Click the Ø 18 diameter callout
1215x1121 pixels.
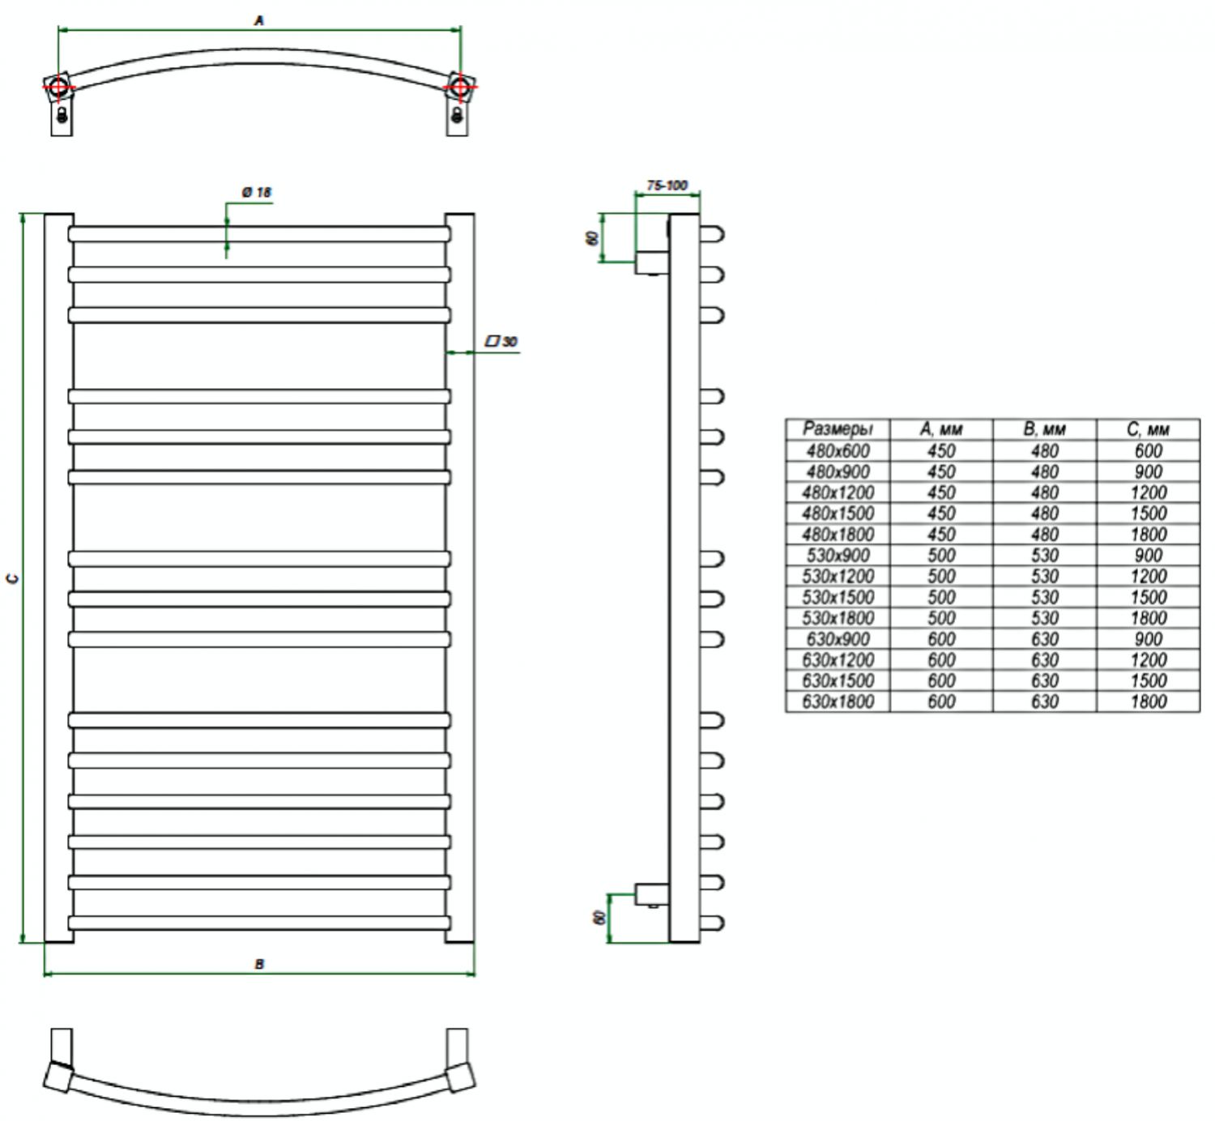pyautogui.click(x=256, y=192)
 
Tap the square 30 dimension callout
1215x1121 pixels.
pyautogui.click(x=501, y=342)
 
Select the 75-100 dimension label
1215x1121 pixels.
pyautogui.click(x=667, y=185)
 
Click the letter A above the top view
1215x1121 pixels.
pyautogui.click(x=258, y=21)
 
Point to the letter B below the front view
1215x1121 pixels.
pyautogui.click(x=258, y=964)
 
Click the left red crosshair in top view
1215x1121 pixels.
pyautogui.click(x=59, y=87)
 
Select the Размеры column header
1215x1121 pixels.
pyautogui.click(x=838, y=428)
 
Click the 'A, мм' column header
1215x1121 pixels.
pyautogui.click(x=941, y=429)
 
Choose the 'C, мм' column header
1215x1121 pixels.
pyautogui.click(x=1148, y=429)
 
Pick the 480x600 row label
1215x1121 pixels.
pyautogui.click(x=838, y=451)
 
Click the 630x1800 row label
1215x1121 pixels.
pyautogui.click(x=838, y=701)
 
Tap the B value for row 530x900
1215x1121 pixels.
pyautogui.click(x=1044, y=555)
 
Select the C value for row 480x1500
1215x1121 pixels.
pyautogui.click(x=1148, y=514)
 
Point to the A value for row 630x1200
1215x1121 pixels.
pyautogui.click(x=941, y=659)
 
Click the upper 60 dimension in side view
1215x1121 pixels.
pyautogui.click(x=592, y=238)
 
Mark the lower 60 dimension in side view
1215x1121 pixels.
pyautogui.click(x=599, y=917)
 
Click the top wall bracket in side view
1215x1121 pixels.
pyautogui.click(x=652, y=262)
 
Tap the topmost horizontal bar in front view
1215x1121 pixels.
pyautogui.click(x=259, y=234)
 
